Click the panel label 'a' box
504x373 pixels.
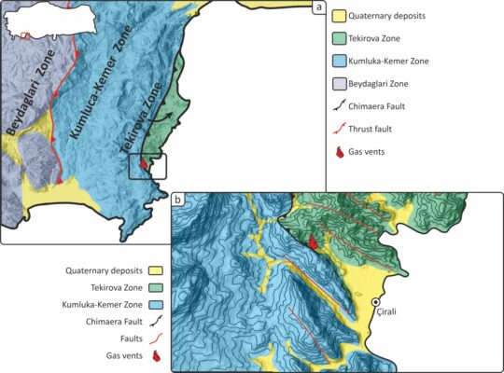click(x=320, y=9)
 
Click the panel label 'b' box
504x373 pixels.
click(x=178, y=200)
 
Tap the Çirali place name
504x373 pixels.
click(x=384, y=314)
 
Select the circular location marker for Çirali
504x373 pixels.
click(x=376, y=302)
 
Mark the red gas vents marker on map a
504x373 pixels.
click(x=143, y=165)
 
